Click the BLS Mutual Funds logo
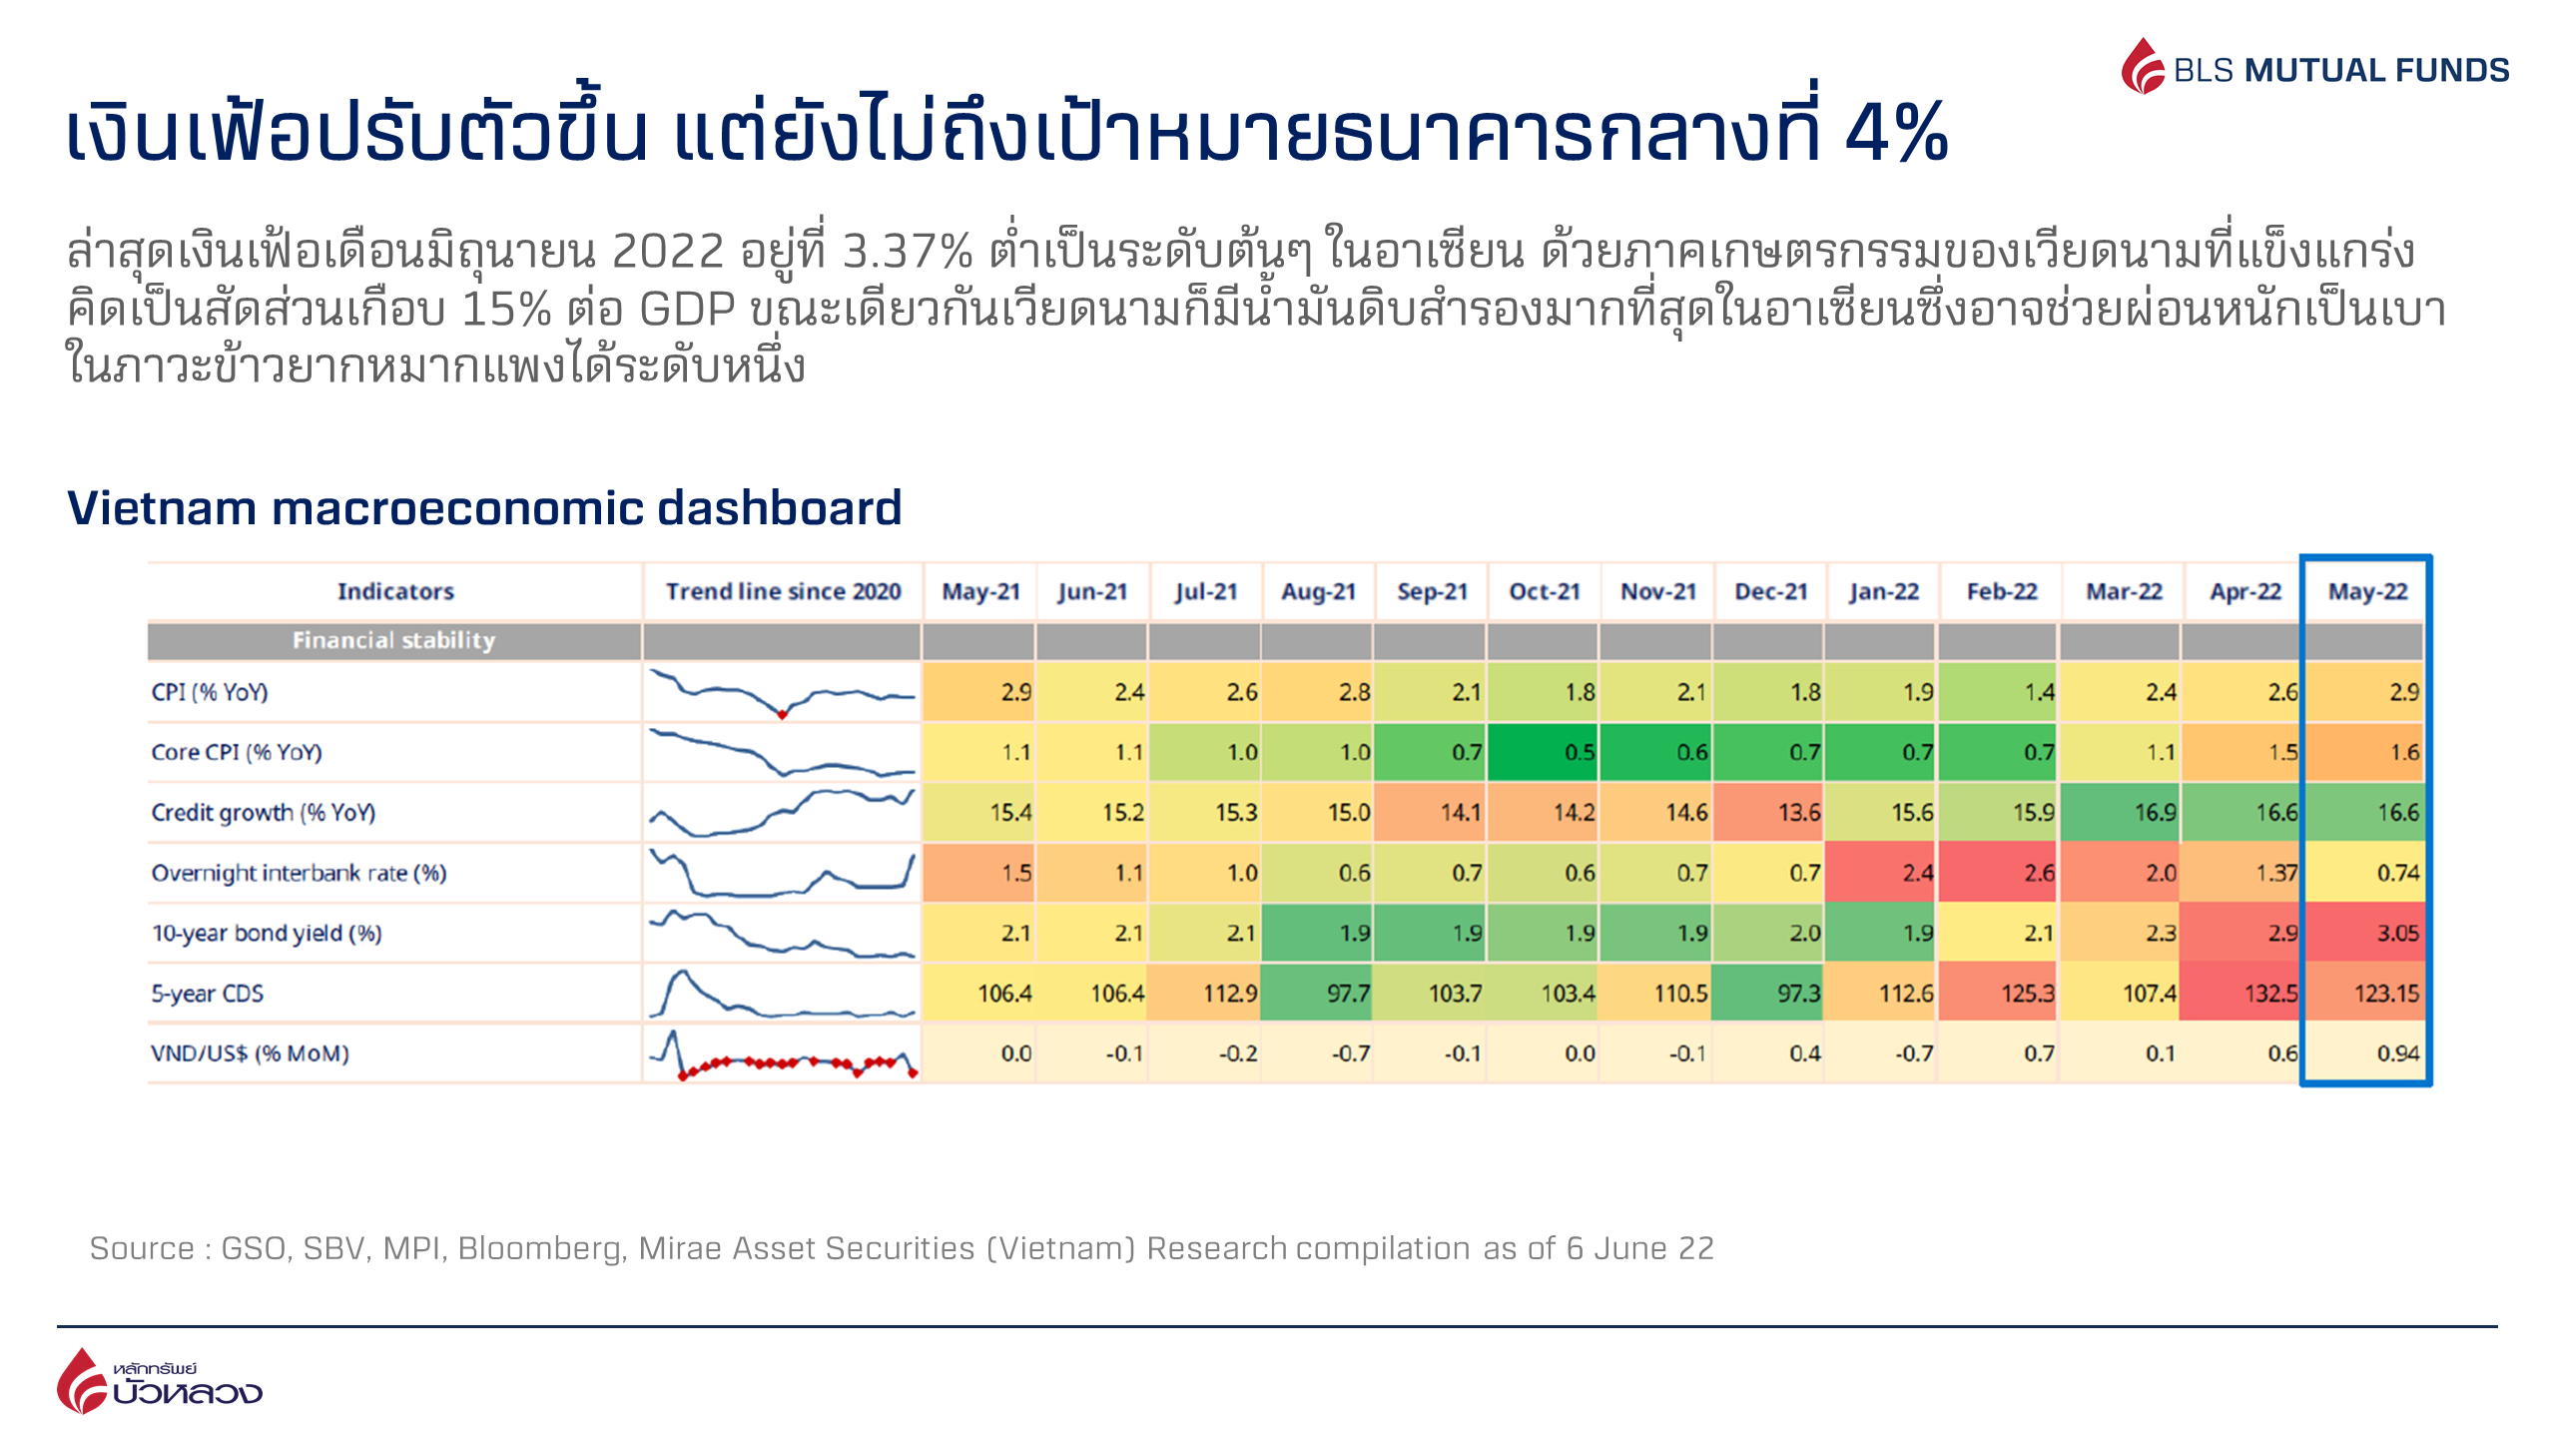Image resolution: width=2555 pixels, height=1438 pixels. (x=2314, y=68)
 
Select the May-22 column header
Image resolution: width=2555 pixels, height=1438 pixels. (x=2367, y=591)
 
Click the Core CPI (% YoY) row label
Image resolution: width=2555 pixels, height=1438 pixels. (x=237, y=752)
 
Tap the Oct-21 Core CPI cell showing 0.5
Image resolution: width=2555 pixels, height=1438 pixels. (x=1545, y=752)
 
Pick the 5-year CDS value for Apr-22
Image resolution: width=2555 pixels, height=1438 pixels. (x=2241, y=993)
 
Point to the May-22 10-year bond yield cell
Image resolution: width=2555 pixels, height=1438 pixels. (x=2366, y=933)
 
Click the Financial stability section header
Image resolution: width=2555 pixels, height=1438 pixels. (x=393, y=640)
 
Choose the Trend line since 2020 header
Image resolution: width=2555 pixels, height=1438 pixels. (x=783, y=591)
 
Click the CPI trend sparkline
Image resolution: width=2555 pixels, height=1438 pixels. (x=782, y=692)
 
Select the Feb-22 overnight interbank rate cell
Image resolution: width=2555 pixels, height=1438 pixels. (x=1999, y=873)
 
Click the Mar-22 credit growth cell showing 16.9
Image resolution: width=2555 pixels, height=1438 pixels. (x=2122, y=812)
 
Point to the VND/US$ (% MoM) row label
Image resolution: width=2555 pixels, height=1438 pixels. (x=250, y=1054)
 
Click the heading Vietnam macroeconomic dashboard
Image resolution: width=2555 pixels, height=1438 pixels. (x=484, y=507)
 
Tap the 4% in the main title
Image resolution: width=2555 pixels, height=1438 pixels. (x=1896, y=133)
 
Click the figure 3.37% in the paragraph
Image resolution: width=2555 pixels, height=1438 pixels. (x=907, y=251)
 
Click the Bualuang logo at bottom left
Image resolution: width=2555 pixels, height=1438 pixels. (x=160, y=1382)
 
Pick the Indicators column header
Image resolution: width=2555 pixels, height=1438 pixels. (x=395, y=591)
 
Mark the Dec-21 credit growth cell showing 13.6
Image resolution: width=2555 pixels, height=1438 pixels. (x=1770, y=812)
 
